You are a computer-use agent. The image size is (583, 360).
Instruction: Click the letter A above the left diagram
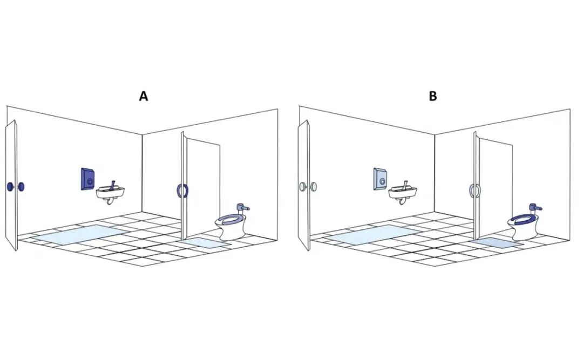144,96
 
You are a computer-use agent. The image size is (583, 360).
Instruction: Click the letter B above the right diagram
433,96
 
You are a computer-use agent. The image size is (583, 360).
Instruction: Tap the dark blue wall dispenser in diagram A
88,179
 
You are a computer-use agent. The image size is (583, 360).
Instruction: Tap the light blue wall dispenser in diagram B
380,179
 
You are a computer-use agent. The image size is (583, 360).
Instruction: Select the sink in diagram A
111,193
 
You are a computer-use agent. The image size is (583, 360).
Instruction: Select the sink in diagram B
403,193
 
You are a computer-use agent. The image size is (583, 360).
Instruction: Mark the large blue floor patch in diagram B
374,234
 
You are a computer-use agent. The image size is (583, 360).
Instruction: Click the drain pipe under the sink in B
402,201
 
